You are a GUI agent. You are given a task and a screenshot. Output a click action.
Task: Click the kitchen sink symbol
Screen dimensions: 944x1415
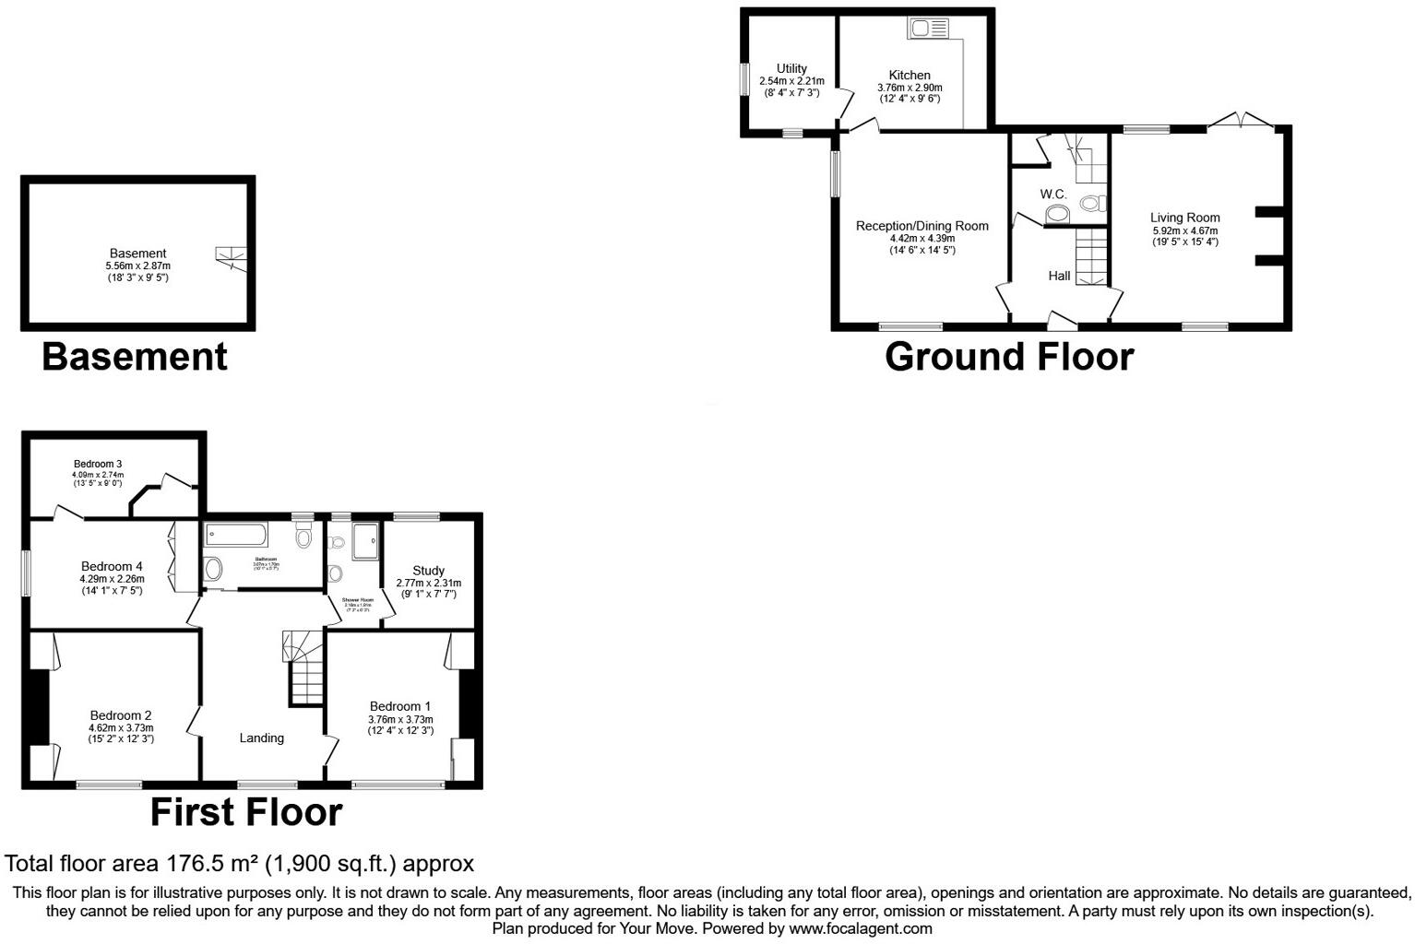(928, 29)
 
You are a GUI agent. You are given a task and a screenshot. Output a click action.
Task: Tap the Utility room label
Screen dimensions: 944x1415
(791, 68)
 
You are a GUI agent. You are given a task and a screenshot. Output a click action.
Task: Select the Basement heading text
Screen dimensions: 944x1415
(135, 357)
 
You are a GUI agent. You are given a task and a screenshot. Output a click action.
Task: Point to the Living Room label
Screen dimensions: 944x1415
(1184, 218)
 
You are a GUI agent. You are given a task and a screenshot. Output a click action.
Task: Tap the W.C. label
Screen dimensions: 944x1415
(1053, 195)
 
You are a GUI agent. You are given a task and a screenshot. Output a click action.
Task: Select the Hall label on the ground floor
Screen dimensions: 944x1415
(1059, 276)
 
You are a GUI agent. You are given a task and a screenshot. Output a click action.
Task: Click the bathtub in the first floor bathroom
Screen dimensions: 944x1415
(236, 535)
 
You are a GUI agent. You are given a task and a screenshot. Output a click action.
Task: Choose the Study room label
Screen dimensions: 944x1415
(429, 571)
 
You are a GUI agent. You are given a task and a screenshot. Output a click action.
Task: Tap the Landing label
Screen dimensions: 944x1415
(262, 737)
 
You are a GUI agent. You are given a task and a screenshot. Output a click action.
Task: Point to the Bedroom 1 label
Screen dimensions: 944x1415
(400, 706)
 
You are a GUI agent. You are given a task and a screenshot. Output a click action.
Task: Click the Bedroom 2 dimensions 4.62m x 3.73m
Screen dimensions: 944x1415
(121, 727)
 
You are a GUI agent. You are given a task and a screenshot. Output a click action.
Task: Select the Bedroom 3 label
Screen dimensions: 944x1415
(98, 464)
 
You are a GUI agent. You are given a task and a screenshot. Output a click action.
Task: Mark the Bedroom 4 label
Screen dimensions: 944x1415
(112, 566)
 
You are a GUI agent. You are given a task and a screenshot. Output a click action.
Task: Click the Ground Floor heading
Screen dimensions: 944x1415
(1009, 357)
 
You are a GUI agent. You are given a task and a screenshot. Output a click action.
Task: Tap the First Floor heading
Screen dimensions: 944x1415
(246, 812)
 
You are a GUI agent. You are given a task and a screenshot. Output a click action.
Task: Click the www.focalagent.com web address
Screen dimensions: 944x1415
(860, 928)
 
